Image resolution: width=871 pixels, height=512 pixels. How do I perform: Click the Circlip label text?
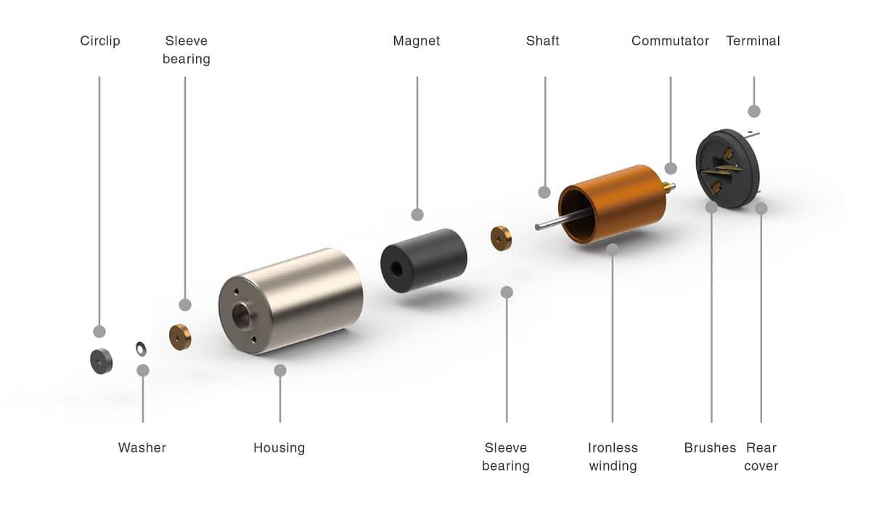100,41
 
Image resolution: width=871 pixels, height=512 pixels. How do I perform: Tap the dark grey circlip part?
101,360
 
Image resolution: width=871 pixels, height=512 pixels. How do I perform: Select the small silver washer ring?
141,349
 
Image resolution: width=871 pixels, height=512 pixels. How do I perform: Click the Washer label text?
142,447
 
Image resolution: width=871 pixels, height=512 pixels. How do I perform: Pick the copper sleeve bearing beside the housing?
180,336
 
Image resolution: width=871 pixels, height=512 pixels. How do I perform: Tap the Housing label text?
279,447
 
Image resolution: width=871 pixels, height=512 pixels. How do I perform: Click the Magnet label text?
417,41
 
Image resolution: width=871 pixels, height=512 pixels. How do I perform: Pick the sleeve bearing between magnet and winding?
501,237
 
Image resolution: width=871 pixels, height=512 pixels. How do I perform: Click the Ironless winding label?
613,456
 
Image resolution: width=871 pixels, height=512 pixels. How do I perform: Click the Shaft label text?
543,41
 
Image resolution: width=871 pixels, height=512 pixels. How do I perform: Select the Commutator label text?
670,41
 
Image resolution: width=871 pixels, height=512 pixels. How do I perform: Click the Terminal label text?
753,41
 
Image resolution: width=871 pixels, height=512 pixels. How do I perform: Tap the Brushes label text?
710,447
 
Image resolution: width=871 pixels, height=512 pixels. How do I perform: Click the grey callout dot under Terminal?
754,111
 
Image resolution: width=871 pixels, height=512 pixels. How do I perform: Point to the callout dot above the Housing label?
280,370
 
